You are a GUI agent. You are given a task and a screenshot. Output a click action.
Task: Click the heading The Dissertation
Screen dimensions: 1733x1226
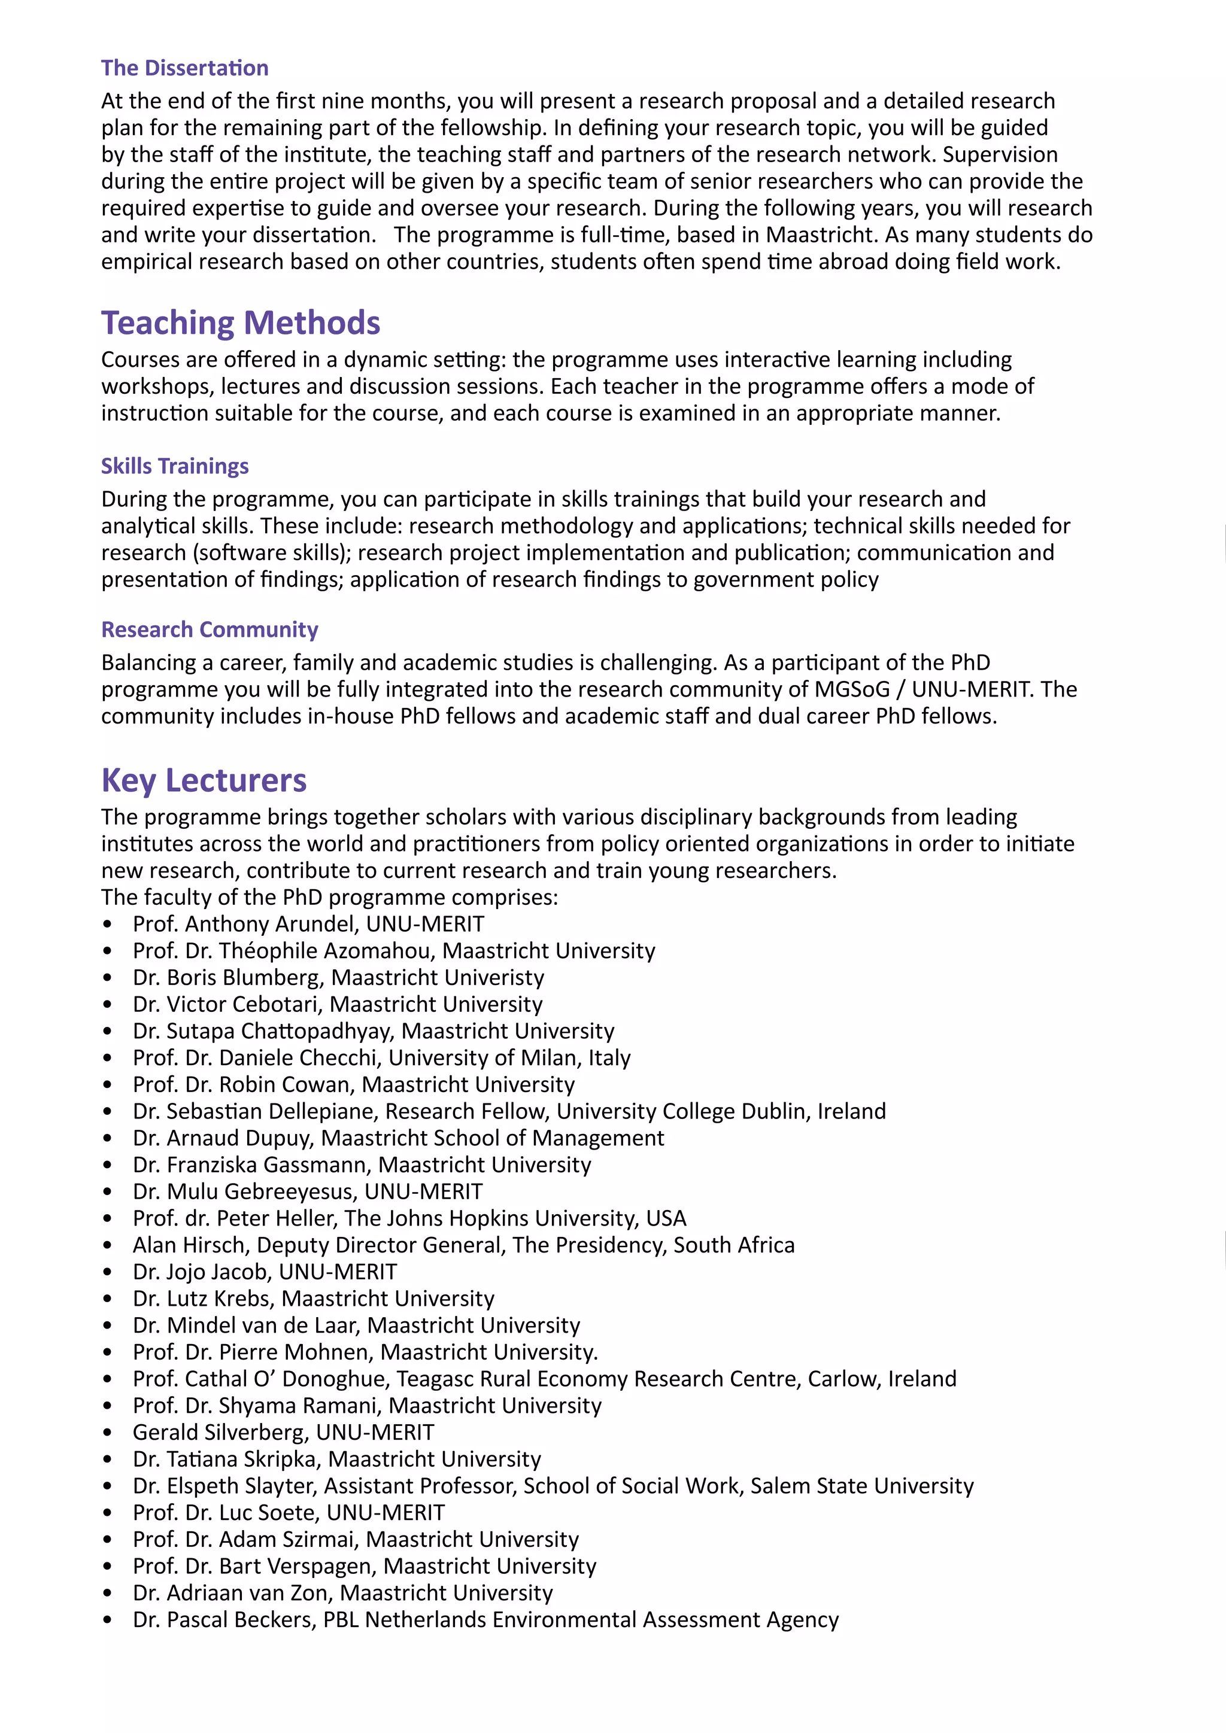184,68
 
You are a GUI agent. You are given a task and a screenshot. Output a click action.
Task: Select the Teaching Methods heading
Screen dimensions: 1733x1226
240,323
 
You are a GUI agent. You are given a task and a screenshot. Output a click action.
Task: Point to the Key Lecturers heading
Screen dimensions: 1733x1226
204,780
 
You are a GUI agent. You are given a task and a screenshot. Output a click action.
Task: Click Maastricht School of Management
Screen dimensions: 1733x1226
492,1138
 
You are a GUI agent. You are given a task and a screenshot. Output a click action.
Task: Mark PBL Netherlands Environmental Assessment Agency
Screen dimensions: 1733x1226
581,1620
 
